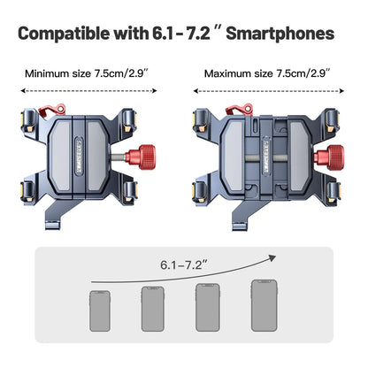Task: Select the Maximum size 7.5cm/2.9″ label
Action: click(x=266, y=73)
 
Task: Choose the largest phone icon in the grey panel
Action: click(x=261, y=305)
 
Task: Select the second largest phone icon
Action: click(x=206, y=307)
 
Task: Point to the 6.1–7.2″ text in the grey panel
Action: click(x=184, y=264)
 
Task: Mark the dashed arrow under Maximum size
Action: click(x=266, y=88)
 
